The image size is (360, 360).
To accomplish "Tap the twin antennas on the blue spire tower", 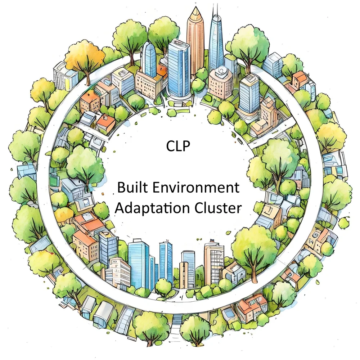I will click(216, 11).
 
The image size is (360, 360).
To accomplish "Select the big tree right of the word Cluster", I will click(254, 245).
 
